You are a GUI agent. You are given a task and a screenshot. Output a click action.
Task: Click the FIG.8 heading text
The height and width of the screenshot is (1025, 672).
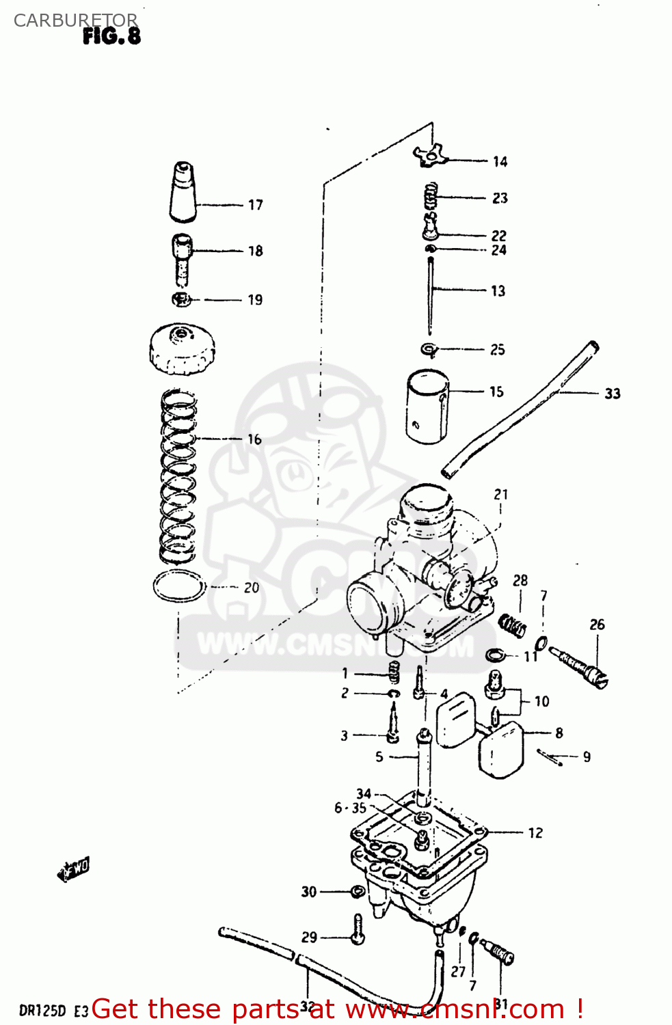[x=111, y=36]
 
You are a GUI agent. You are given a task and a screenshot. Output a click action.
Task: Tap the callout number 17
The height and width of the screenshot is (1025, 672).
[x=255, y=205]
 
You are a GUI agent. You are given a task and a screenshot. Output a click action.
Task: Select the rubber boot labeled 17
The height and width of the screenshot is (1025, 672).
[x=183, y=193]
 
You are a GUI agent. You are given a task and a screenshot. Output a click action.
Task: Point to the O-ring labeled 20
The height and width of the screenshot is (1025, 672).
[x=179, y=587]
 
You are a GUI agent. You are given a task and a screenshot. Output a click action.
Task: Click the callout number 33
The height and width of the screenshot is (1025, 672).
[x=613, y=394]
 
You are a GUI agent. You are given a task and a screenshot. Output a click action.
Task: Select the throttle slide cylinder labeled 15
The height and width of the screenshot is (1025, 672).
[x=427, y=407]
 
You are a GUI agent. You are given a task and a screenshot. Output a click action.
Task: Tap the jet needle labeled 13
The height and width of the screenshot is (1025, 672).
[x=431, y=294]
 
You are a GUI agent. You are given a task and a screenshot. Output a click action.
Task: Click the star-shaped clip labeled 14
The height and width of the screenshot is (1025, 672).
[x=429, y=156]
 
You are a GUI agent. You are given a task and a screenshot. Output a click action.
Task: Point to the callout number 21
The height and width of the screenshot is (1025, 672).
[x=501, y=494]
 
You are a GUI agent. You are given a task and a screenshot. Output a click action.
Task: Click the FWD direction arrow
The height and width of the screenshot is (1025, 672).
[x=74, y=870]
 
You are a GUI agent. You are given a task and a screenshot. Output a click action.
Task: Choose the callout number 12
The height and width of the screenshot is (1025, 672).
[x=535, y=833]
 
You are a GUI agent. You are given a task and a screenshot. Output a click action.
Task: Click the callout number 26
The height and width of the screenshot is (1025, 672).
[x=597, y=625]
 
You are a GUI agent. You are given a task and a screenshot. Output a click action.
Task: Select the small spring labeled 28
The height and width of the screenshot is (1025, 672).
[x=512, y=624]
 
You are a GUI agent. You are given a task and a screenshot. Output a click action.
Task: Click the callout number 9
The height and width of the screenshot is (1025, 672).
[x=587, y=757]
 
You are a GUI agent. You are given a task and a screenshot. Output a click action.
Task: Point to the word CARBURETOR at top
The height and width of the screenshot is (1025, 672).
[x=75, y=20]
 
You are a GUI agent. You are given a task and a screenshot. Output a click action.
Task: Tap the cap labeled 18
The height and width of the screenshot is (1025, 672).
[x=182, y=260]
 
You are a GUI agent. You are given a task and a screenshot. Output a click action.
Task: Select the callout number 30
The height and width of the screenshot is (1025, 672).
[x=309, y=892]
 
